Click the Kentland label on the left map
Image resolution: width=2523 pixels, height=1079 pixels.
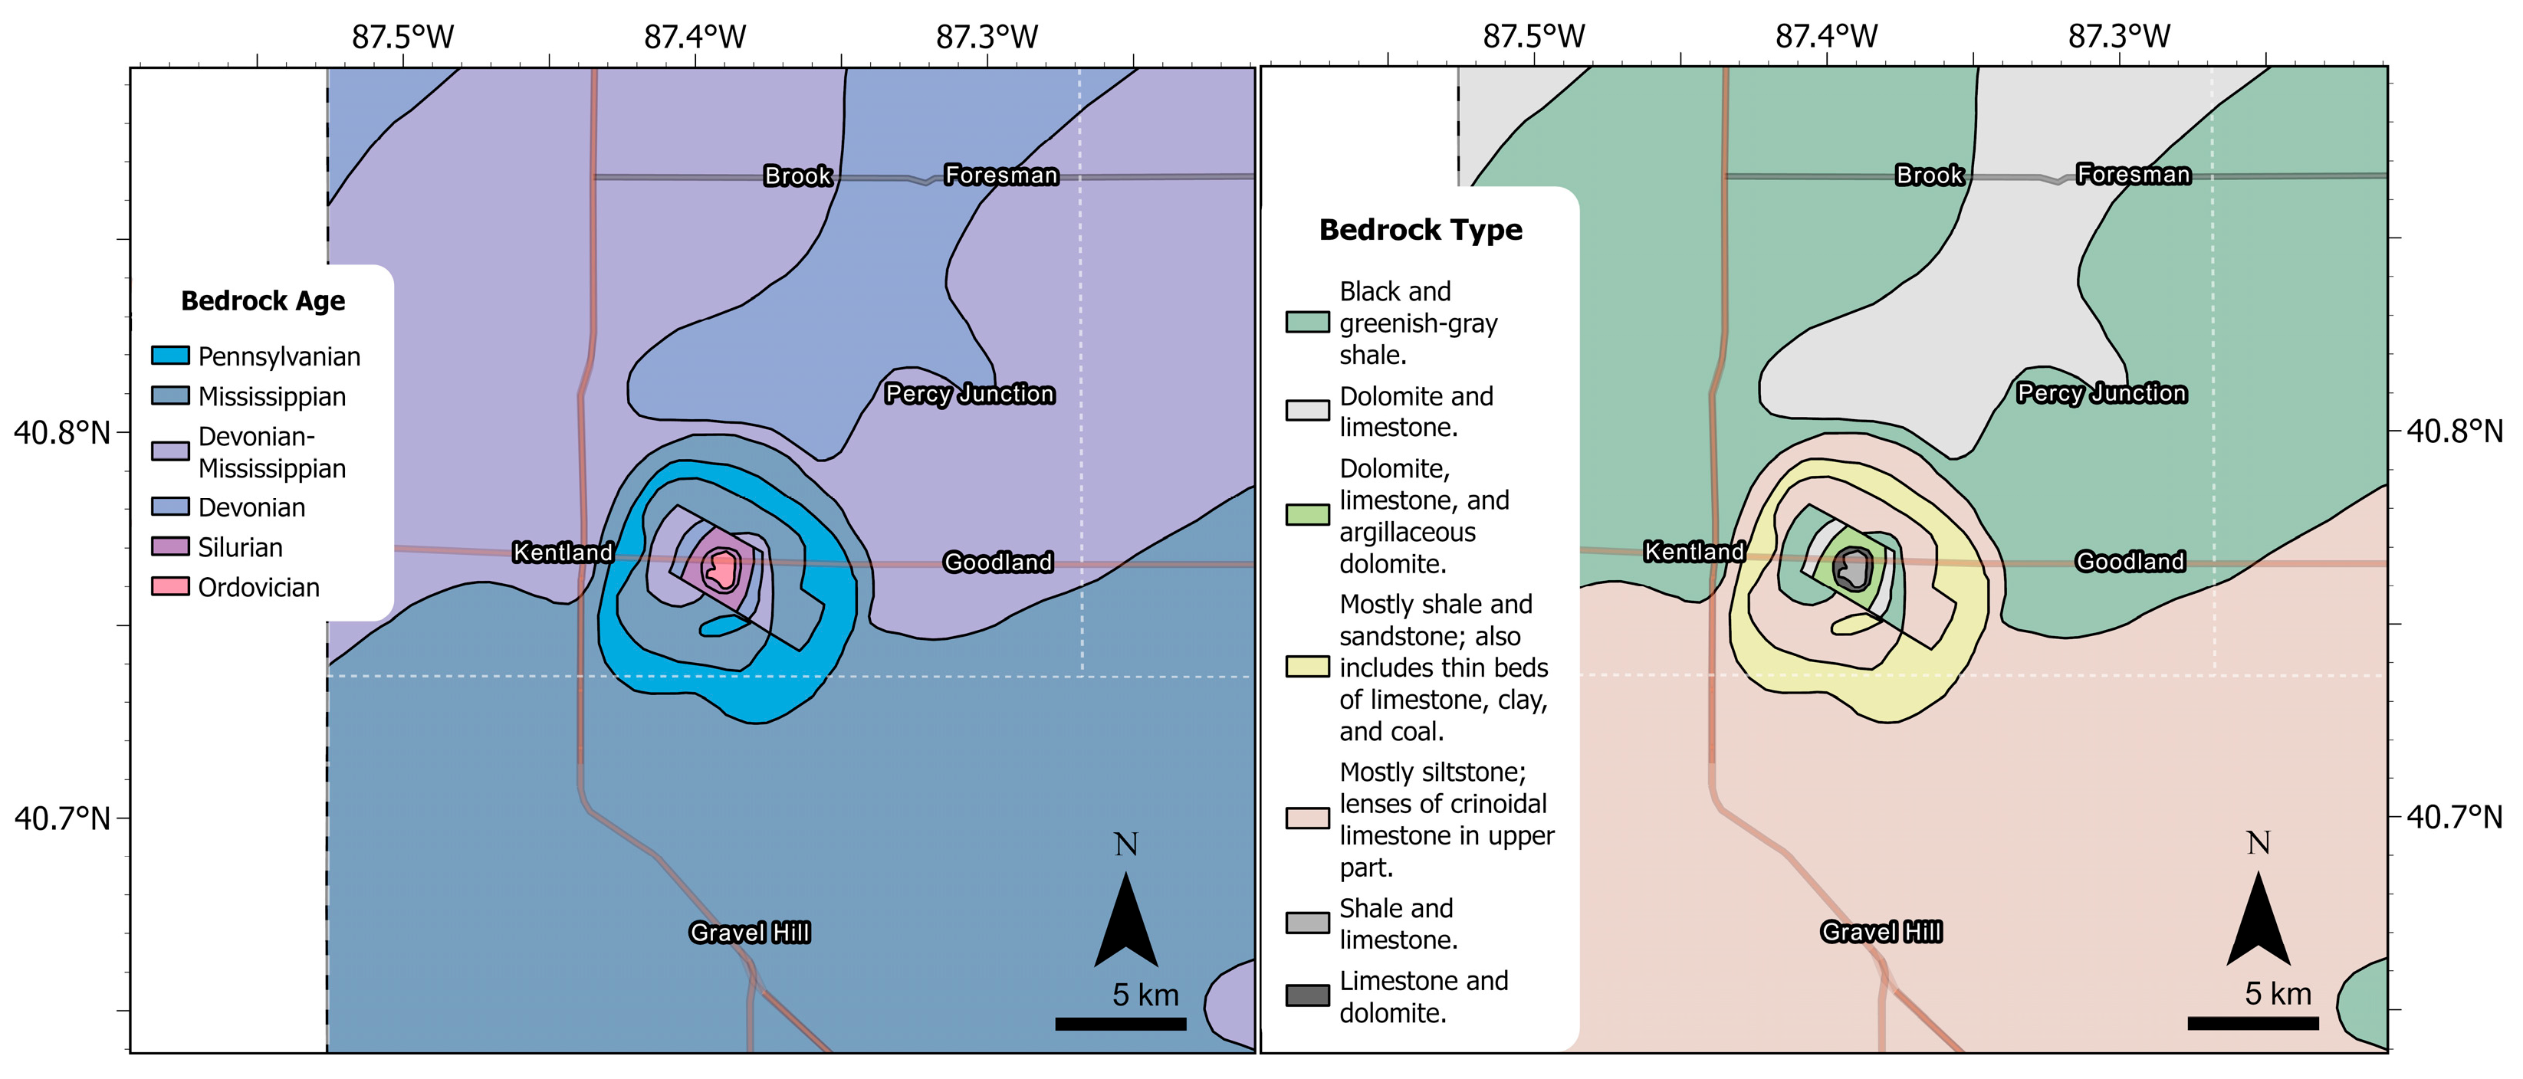[563, 553]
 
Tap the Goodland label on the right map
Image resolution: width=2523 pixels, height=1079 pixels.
[2130, 561]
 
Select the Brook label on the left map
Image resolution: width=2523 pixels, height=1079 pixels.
[798, 175]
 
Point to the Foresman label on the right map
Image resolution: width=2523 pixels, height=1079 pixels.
[2134, 174]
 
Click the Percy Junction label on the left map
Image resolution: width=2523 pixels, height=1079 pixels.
[970, 394]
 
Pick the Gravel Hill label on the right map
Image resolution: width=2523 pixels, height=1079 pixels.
[1881, 931]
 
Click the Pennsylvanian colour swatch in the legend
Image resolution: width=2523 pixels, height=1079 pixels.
[170, 356]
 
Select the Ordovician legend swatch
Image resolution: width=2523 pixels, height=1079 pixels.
[170, 586]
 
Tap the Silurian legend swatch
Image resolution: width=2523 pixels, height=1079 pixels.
[170, 546]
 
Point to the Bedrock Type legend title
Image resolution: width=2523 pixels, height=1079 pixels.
[1420, 230]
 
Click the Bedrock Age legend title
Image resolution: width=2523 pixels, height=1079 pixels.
[262, 300]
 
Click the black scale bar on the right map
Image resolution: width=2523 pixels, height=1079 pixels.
[2252, 1023]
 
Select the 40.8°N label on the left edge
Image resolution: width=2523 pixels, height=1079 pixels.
[61, 431]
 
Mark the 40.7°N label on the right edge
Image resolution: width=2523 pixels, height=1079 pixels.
[2455, 817]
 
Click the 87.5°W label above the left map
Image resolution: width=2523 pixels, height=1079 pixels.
[403, 38]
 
